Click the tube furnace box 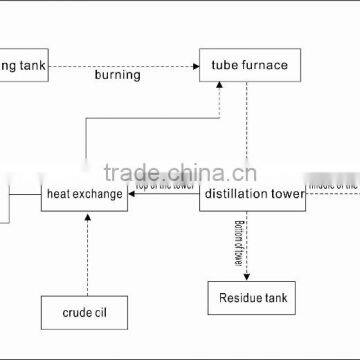[248, 66]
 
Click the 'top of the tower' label [166, 189]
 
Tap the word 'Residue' [233, 297]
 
